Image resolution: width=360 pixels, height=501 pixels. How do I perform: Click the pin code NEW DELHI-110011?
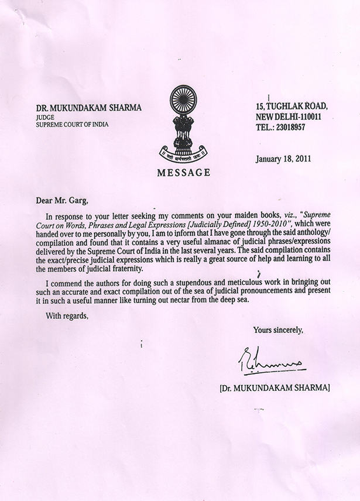pos(285,116)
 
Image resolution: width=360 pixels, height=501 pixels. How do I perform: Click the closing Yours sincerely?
pos(278,330)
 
